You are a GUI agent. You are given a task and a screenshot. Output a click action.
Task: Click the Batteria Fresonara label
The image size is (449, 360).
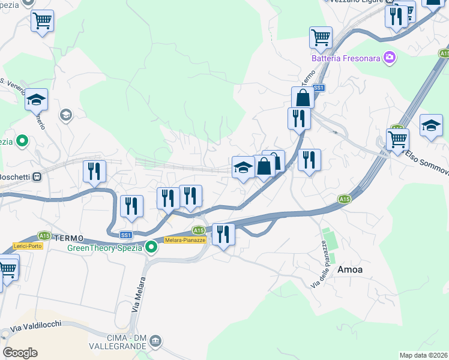(x=346, y=58)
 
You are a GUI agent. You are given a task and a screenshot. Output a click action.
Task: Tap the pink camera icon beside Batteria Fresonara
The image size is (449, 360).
(x=390, y=57)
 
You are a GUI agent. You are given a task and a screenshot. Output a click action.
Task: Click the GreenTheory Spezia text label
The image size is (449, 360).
(x=105, y=247)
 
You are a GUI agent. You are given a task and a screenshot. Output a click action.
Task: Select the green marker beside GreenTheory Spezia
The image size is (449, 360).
(x=152, y=247)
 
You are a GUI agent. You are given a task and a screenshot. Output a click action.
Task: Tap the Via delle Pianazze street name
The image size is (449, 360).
(x=318, y=264)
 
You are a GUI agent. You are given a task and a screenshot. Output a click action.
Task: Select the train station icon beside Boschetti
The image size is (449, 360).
(x=37, y=177)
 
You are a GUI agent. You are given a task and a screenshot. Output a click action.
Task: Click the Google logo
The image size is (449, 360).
(x=20, y=353)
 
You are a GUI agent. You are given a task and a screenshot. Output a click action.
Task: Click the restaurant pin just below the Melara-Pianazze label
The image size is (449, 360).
(x=223, y=234)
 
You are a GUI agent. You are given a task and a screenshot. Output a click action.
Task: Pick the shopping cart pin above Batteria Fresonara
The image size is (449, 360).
(x=321, y=37)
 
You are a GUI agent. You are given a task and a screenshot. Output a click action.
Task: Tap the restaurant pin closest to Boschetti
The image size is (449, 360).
(x=94, y=172)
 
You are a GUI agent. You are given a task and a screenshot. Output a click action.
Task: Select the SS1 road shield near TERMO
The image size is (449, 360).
(x=125, y=235)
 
